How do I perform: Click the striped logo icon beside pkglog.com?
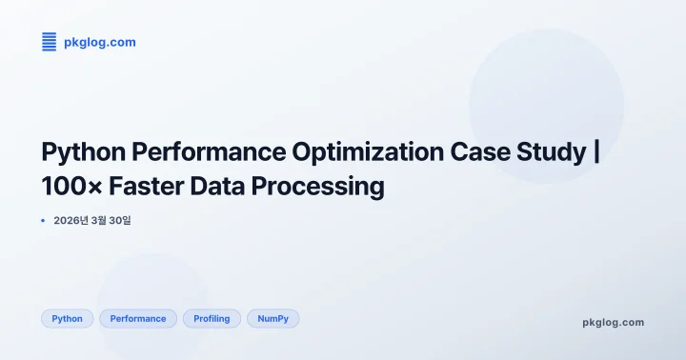[50, 41]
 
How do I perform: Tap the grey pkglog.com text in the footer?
[613, 322]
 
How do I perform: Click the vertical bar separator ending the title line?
[596, 152]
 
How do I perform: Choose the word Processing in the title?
[318, 187]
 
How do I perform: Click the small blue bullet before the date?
[43, 220]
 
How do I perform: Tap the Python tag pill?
[67, 318]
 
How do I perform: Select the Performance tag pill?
[138, 318]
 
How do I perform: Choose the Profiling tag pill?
[212, 318]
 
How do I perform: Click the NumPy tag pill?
[272, 318]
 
